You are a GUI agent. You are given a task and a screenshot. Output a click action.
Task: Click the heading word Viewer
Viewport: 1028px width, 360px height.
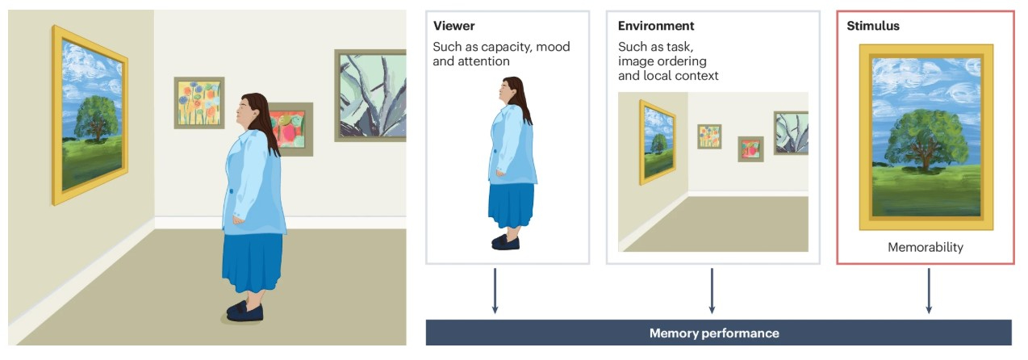[x=453, y=26]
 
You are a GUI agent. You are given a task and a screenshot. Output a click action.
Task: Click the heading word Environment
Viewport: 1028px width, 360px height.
[x=656, y=26]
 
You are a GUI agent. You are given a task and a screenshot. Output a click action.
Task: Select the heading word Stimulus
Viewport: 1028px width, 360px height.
[x=873, y=26]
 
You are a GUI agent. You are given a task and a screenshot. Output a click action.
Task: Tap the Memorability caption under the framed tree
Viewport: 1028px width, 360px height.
[x=926, y=247]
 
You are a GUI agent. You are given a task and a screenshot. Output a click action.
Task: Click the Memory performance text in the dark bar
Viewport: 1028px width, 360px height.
[x=714, y=333]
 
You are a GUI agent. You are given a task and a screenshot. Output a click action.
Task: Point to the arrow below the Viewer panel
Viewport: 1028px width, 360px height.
[x=495, y=291]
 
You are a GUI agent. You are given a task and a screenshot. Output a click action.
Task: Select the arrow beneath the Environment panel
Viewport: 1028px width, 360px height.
[x=712, y=291]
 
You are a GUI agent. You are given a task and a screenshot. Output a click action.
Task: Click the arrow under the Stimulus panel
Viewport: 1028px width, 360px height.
[x=929, y=291]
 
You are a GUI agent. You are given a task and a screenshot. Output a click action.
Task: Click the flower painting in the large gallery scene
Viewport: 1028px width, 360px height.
[x=199, y=103]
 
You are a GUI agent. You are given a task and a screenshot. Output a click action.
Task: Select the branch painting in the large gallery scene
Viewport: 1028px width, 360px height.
[x=371, y=95]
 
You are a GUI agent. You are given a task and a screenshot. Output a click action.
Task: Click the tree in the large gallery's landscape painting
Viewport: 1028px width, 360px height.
[x=96, y=118]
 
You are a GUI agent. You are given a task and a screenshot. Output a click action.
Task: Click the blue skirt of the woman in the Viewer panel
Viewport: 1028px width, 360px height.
[x=511, y=206]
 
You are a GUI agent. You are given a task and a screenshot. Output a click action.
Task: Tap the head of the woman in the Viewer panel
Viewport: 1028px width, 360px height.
[x=509, y=90]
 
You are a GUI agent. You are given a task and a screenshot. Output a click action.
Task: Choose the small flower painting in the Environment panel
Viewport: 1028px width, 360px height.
[x=709, y=136]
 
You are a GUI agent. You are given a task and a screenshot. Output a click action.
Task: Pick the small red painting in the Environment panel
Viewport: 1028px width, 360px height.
[x=750, y=149]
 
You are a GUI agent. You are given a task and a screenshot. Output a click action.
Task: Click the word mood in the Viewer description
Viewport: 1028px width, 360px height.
[x=553, y=46]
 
